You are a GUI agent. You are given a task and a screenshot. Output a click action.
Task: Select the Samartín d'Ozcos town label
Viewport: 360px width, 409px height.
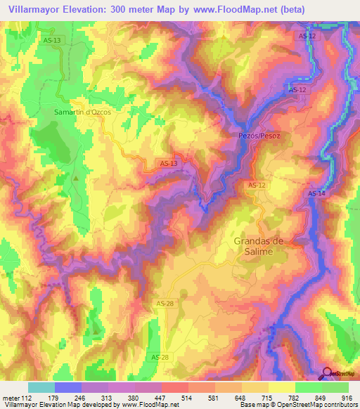(83, 112)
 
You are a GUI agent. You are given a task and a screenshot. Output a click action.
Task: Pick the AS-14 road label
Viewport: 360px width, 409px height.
(316, 194)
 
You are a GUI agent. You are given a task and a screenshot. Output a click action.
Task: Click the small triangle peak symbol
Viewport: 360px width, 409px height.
(76, 178)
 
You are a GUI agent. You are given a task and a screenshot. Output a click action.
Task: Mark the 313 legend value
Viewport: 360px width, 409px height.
(107, 398)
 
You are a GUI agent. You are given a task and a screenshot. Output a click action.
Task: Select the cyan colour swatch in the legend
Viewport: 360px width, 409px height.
(41, 387)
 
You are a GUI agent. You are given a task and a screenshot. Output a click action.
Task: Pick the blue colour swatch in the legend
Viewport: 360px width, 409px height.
(67, 387)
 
